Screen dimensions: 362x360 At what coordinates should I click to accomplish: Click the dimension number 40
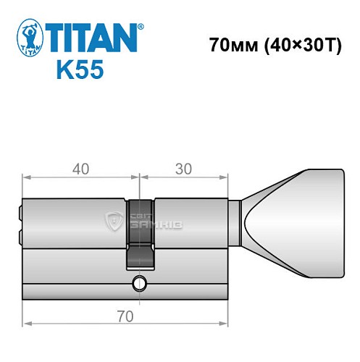click(x=80, y=169)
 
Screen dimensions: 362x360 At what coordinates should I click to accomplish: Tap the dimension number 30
click(x=184, y=169)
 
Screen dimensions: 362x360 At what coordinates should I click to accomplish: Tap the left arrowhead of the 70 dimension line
click(x=27, y=323)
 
